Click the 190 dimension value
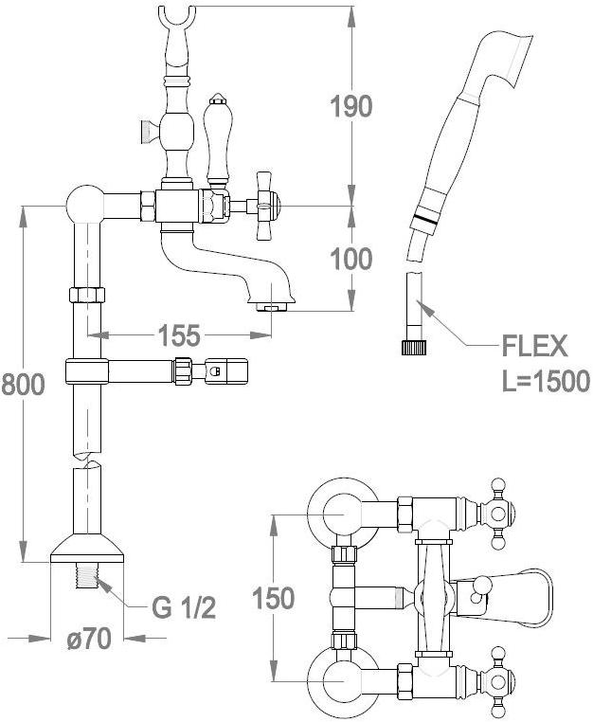[351, 106]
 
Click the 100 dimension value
[351, 258]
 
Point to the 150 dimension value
[274, 599]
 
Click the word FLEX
[534, 345]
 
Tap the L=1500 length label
[544, 381]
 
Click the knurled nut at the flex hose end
[413, 347]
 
